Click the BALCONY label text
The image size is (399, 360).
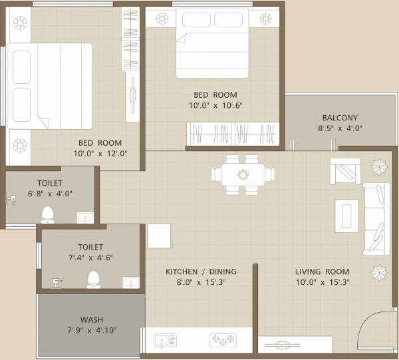tap(340, 118)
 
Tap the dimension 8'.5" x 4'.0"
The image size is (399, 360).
tap(340, 129)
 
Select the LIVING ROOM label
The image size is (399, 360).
tap(323, 271)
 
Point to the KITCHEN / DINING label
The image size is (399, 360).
tap(201, 271)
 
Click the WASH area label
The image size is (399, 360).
tap(91, 319)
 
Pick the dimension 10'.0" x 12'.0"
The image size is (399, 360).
tap(100, 153)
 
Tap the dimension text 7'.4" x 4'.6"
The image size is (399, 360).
tap(90, 258)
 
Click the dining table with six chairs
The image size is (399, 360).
tap(242, 175)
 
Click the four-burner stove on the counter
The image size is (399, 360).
tap(223, 341)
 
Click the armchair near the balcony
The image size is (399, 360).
tap(344, 172)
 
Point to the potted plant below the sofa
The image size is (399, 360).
tap(380, 271)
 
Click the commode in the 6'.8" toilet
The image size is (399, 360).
tap(48, 214)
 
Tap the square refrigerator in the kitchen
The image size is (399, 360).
tap(159, 236)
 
